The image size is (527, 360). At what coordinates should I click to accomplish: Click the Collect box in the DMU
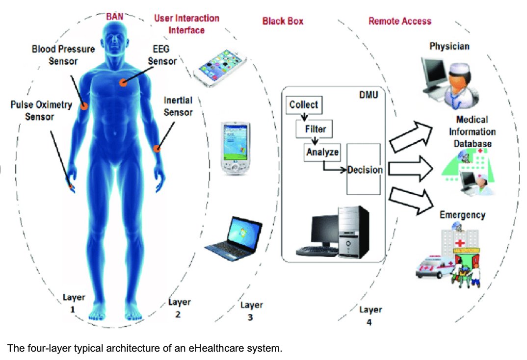coord(303,104)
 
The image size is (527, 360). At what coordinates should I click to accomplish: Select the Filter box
coord(315,129)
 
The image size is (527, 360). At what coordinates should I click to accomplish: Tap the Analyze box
coord(322,153)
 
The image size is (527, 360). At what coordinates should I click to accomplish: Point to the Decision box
coord(364,170)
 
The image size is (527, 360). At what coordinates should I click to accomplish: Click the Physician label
coord(449,47)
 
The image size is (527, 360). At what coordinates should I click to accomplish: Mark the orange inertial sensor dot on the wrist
coord(158,148)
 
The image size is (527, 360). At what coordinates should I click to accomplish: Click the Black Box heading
coord(283,21)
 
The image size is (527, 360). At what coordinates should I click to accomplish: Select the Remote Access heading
coord(400,21)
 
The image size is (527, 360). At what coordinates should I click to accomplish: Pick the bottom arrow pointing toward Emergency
coord(411,200)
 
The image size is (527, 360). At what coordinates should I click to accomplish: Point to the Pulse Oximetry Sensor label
coord(41,110)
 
